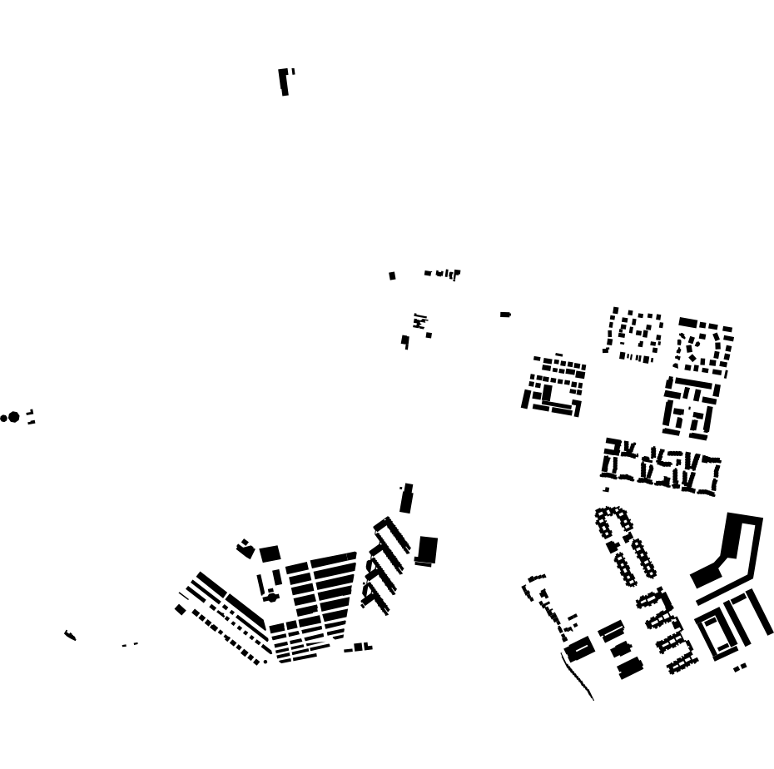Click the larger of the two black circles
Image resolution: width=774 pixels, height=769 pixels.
13,417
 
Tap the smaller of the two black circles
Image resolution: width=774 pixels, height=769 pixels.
3,419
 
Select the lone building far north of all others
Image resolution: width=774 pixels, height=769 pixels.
284,82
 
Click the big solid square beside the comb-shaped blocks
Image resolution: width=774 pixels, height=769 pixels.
427,549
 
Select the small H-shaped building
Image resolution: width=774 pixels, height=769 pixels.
419,320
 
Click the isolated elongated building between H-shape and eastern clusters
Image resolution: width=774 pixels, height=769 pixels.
505,315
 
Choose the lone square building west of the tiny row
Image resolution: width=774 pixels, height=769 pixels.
392,275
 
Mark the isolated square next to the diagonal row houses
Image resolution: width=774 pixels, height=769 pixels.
180,610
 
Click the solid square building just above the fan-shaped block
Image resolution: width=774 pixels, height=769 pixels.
270,554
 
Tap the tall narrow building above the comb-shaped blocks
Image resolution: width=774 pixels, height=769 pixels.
406,500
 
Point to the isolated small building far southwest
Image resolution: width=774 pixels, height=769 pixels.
70,636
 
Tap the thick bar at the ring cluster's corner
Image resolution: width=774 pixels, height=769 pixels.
687,322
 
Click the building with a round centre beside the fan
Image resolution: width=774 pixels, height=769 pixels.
271,597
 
